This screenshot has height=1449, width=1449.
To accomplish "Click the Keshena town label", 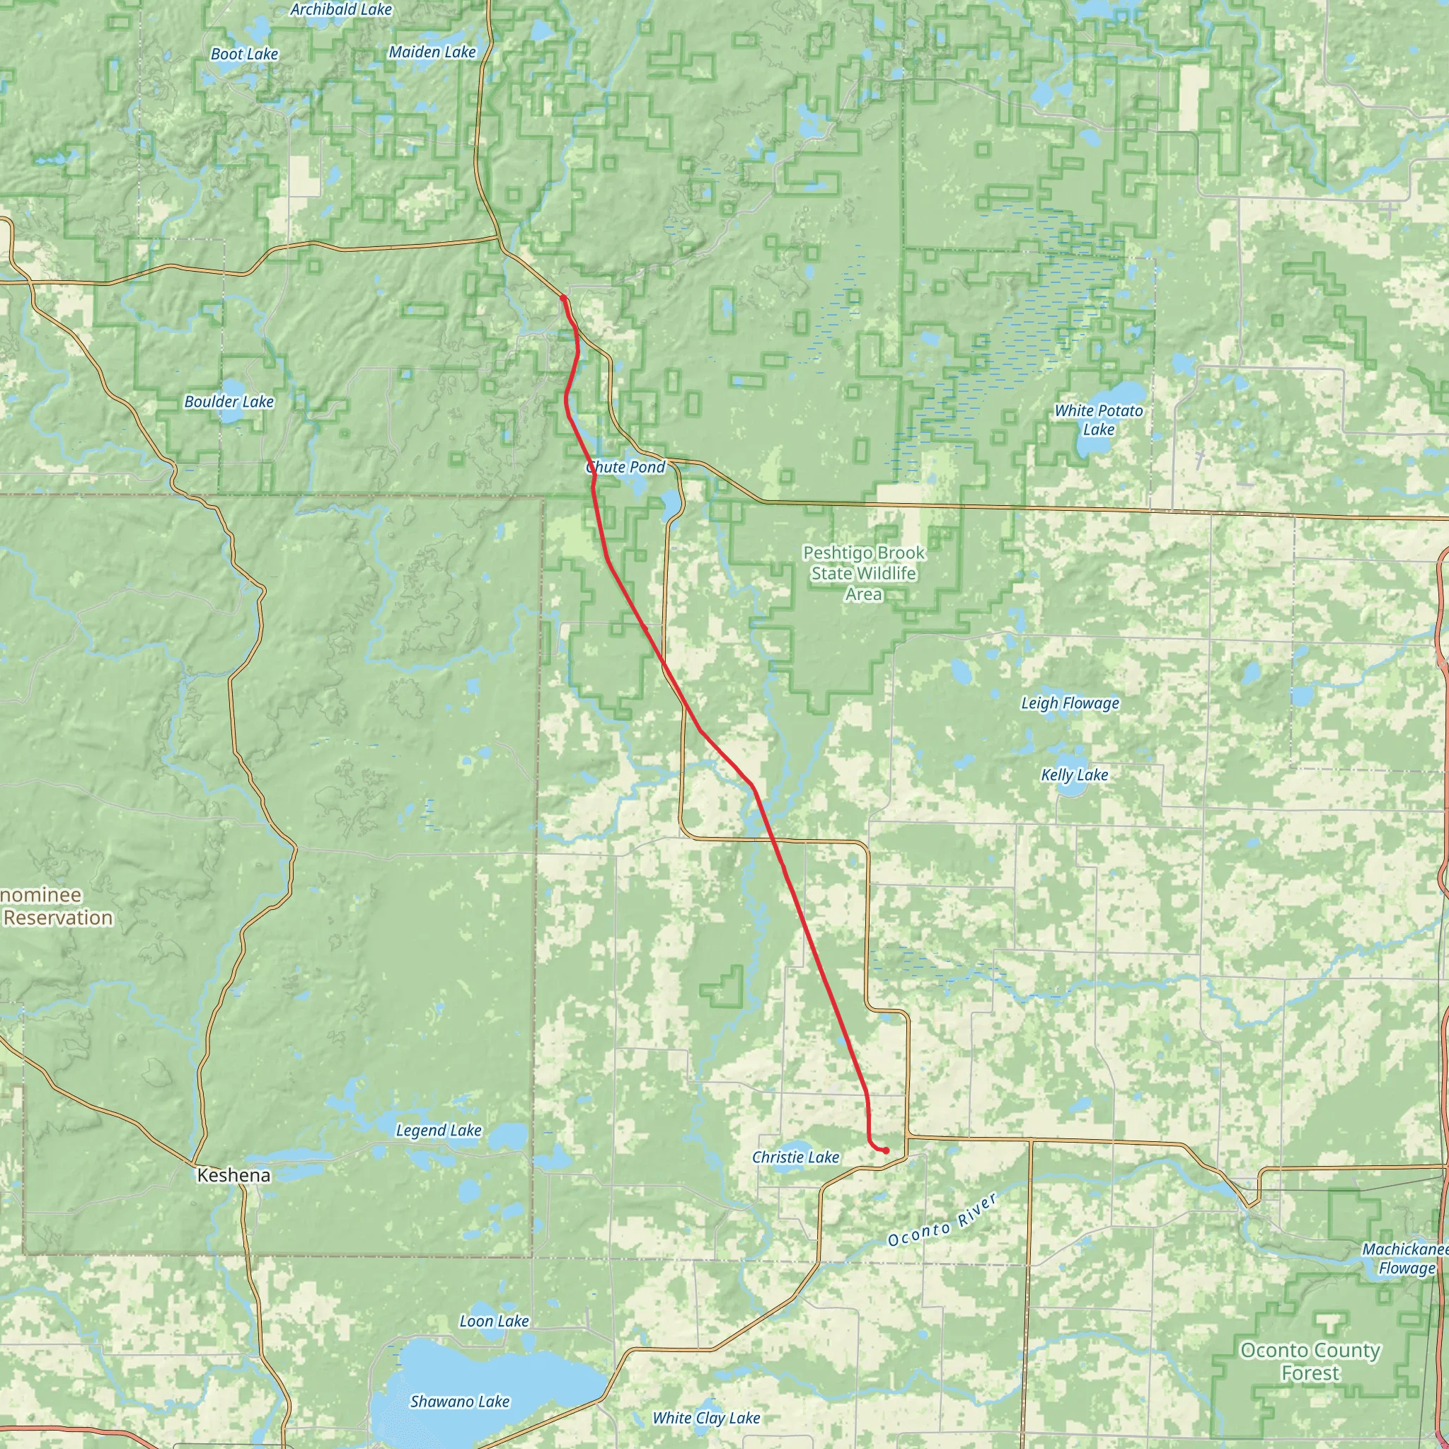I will pos(233,1175).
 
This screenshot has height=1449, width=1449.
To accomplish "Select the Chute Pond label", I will pos(625,467).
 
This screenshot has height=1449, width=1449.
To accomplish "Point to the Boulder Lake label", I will pos(229,402).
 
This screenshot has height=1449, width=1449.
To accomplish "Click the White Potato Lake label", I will pos(1098,420).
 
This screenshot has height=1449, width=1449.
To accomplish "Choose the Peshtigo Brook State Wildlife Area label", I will pos(863,573).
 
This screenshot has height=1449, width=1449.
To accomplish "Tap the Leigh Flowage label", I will pos(1070,703).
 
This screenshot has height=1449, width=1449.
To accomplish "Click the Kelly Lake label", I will pos(1074,775).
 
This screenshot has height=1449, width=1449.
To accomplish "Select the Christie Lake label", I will pos(795,1158).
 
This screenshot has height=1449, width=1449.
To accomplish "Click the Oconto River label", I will pos(942,1220).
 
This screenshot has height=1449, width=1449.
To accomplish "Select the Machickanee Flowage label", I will pos(1404,1259).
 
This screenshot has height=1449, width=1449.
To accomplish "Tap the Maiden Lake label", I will pos(432,52).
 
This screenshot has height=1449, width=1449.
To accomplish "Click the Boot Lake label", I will pos(245,54).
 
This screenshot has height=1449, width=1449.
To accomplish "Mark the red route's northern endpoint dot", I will pos(562,299).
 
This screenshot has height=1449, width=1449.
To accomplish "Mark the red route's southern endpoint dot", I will pos(886,1150).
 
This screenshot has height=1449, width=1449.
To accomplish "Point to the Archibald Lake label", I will pos(341,10).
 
